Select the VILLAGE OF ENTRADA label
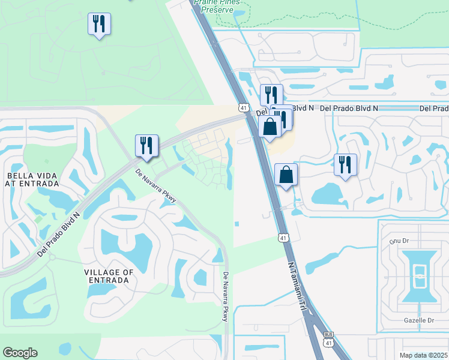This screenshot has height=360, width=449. (x=109, y=276)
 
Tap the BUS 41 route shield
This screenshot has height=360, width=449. (x=328, y=339)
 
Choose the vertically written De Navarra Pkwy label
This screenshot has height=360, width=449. (x=226, y=296)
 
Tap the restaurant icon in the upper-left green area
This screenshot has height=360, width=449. (x=99, y=25)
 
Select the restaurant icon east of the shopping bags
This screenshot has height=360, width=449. (x=345, y=165)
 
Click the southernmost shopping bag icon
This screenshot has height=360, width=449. (x=286, y=175)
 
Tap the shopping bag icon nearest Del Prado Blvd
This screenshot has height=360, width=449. (x=270, y=127)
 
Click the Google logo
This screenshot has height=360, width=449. (x=20, y=353)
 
